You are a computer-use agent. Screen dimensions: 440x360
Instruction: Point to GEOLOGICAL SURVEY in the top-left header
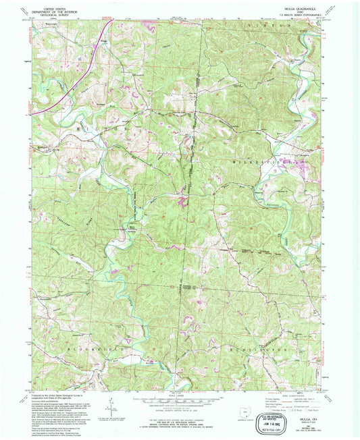(59, 15)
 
